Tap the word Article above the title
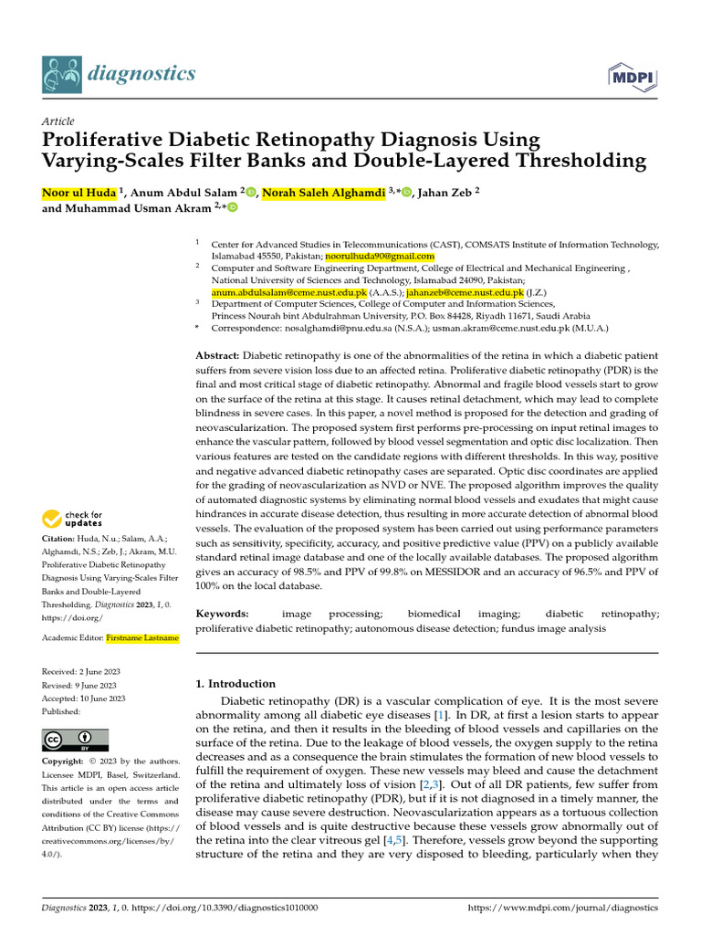click(58, 121)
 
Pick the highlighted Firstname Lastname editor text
click(142, 638)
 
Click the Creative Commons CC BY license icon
click(75, 740)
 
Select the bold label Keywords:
click(222, 615)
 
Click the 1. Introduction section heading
click(235, 683)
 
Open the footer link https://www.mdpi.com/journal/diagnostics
click(562, 908)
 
